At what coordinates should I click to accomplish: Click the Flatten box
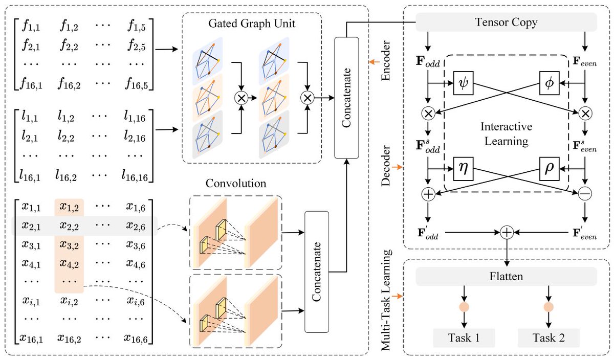507,276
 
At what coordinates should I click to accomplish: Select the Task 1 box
464,338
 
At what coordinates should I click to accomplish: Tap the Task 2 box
549,338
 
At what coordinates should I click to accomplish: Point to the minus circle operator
585,194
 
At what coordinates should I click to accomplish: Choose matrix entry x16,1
31,337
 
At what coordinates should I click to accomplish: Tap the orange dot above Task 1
464,308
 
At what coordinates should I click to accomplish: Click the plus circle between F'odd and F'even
507,232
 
